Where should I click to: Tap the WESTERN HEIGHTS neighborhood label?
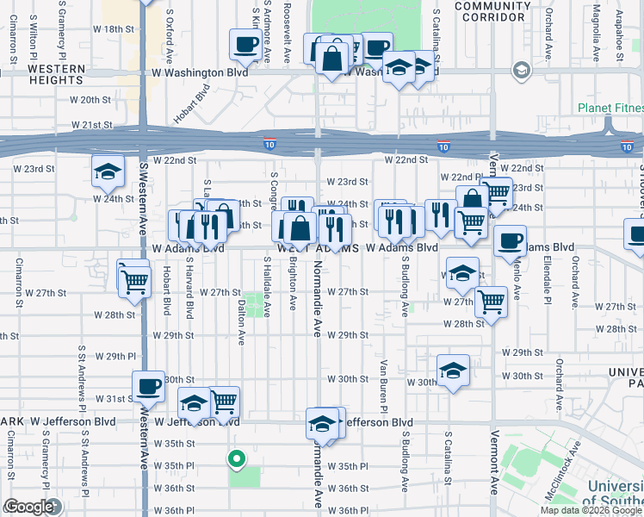(55, 74)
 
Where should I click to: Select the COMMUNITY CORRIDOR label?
(492, 11)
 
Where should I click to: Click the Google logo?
(28, 507)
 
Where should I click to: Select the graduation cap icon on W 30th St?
(453, 370)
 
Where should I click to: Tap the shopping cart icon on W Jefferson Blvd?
(224, 401)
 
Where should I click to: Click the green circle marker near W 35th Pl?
(235, 458)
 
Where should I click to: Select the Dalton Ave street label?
(241, 315)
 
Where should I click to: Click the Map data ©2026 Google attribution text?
(591, 510)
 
